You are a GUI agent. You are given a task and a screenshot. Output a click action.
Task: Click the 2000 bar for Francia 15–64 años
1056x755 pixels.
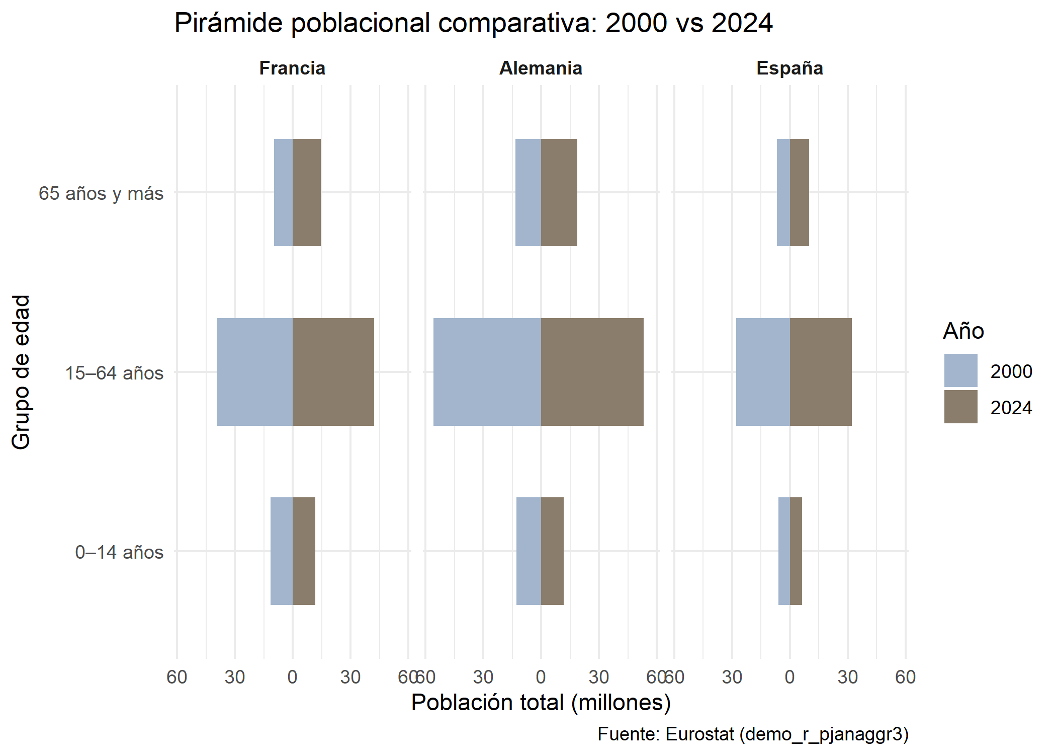pyautogui.click(x=254, y=372)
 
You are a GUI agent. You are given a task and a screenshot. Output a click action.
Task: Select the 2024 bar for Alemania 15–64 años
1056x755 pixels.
pyautogui.click(x=592, y=372)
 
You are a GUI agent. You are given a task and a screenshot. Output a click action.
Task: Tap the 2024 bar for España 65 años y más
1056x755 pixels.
pyautogui.click(x=799, y=192)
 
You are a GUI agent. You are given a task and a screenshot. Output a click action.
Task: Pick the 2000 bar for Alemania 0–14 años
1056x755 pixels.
pyautogui.click(x=529, y=551)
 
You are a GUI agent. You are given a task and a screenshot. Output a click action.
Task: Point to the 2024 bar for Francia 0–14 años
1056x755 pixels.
pyautogui.click(x=304, y=551)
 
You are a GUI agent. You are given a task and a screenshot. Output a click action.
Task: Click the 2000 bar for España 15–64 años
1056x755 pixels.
pyautogui.click(x=763, y=372)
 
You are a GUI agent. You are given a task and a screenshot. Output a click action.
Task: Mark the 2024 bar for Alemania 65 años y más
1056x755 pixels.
pyautogui.click(x=559, y=192)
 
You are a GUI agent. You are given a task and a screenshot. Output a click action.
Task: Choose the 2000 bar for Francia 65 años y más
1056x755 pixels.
pyautogui.click(x=283, y=192)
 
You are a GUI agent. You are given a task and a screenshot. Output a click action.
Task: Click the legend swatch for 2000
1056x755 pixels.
pyautogui.click(x=960, y=370)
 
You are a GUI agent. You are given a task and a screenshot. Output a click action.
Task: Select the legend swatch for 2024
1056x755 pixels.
pyautogui.click(x=960, y=407)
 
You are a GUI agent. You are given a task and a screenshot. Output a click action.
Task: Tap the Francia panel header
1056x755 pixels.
pyautogui.click(x=292, y=68)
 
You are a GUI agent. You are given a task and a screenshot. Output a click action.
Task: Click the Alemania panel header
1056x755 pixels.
pyautogui.click(x=541, y=68)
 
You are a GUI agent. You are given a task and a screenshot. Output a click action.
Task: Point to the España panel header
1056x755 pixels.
pyautogui.click(x=789, y=68)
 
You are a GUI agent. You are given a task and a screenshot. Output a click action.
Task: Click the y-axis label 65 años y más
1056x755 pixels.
pyautogui.click(x=101, y=193)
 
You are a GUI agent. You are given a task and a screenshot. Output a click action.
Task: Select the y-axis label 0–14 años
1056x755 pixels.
pyautogui.click(x=119, y=552)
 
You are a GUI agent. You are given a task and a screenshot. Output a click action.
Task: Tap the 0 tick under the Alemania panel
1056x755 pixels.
pyautogui.click(x=541, y=677)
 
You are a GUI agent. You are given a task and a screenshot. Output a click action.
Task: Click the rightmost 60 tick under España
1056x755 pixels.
pyautogui.click(x=905, y=677)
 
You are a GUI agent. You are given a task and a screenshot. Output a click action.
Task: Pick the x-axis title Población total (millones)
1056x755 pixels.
pyautogui.click(x=541, y=703)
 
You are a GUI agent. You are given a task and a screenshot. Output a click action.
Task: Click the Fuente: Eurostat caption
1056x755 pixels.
pyautogui.click(x=753, y=734)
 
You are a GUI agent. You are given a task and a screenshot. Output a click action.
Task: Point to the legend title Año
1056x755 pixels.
pyautogui.click(x=963, y=331)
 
